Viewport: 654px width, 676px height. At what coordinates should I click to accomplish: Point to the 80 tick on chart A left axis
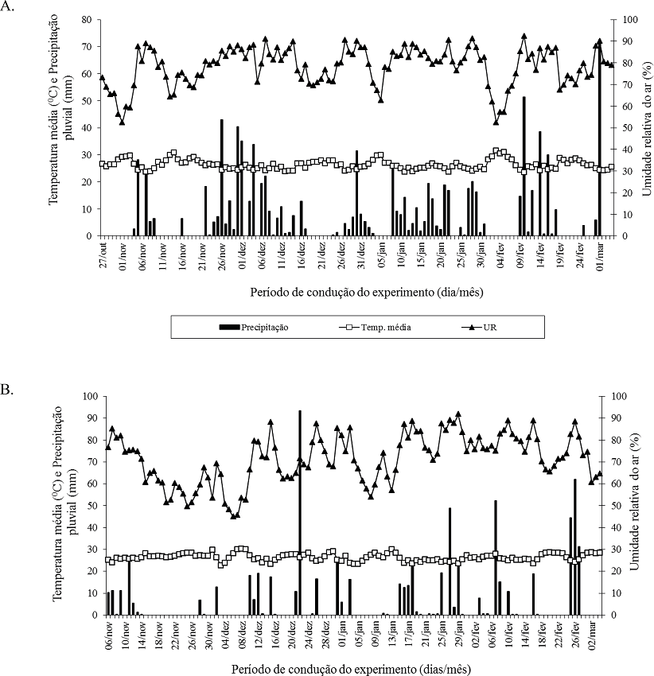(87, 19)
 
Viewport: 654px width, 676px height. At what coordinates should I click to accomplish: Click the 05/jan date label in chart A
(382, 254)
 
